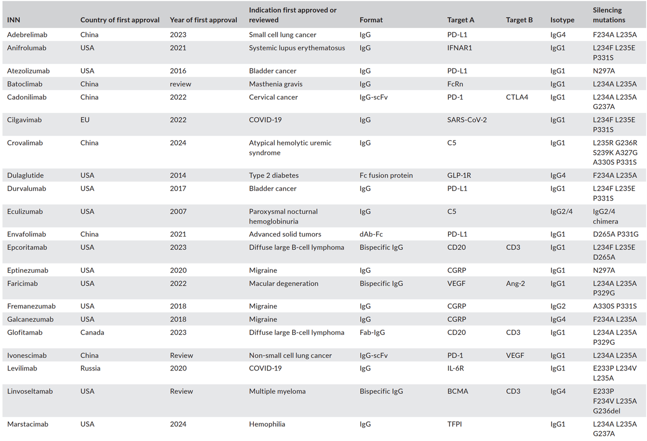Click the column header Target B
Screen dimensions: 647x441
(519, 20)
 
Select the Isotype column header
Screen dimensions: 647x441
(562, 20)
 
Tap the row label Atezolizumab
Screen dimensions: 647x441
(28, 71)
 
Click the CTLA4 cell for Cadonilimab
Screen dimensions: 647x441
(517, 97)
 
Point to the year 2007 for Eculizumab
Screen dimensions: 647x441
(178, 212)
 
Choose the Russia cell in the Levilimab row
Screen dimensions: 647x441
(90, 368)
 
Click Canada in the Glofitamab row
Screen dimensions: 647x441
(92, 332)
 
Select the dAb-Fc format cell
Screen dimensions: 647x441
(371, 234)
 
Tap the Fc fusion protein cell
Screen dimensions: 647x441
(386, 176)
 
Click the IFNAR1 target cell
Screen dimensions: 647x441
(460, 48)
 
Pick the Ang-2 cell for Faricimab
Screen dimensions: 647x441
(515, 283)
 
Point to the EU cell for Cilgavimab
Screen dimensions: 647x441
(85, 120)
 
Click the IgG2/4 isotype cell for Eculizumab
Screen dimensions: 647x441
(561, 212)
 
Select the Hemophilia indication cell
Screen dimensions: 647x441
(267, 424)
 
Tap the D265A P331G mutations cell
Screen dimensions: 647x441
(616, 234)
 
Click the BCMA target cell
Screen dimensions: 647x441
(457, 391)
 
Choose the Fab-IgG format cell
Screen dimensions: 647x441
(372, 332)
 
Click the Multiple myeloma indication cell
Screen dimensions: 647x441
(277, 391)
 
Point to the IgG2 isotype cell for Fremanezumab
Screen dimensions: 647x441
(558, 306)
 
